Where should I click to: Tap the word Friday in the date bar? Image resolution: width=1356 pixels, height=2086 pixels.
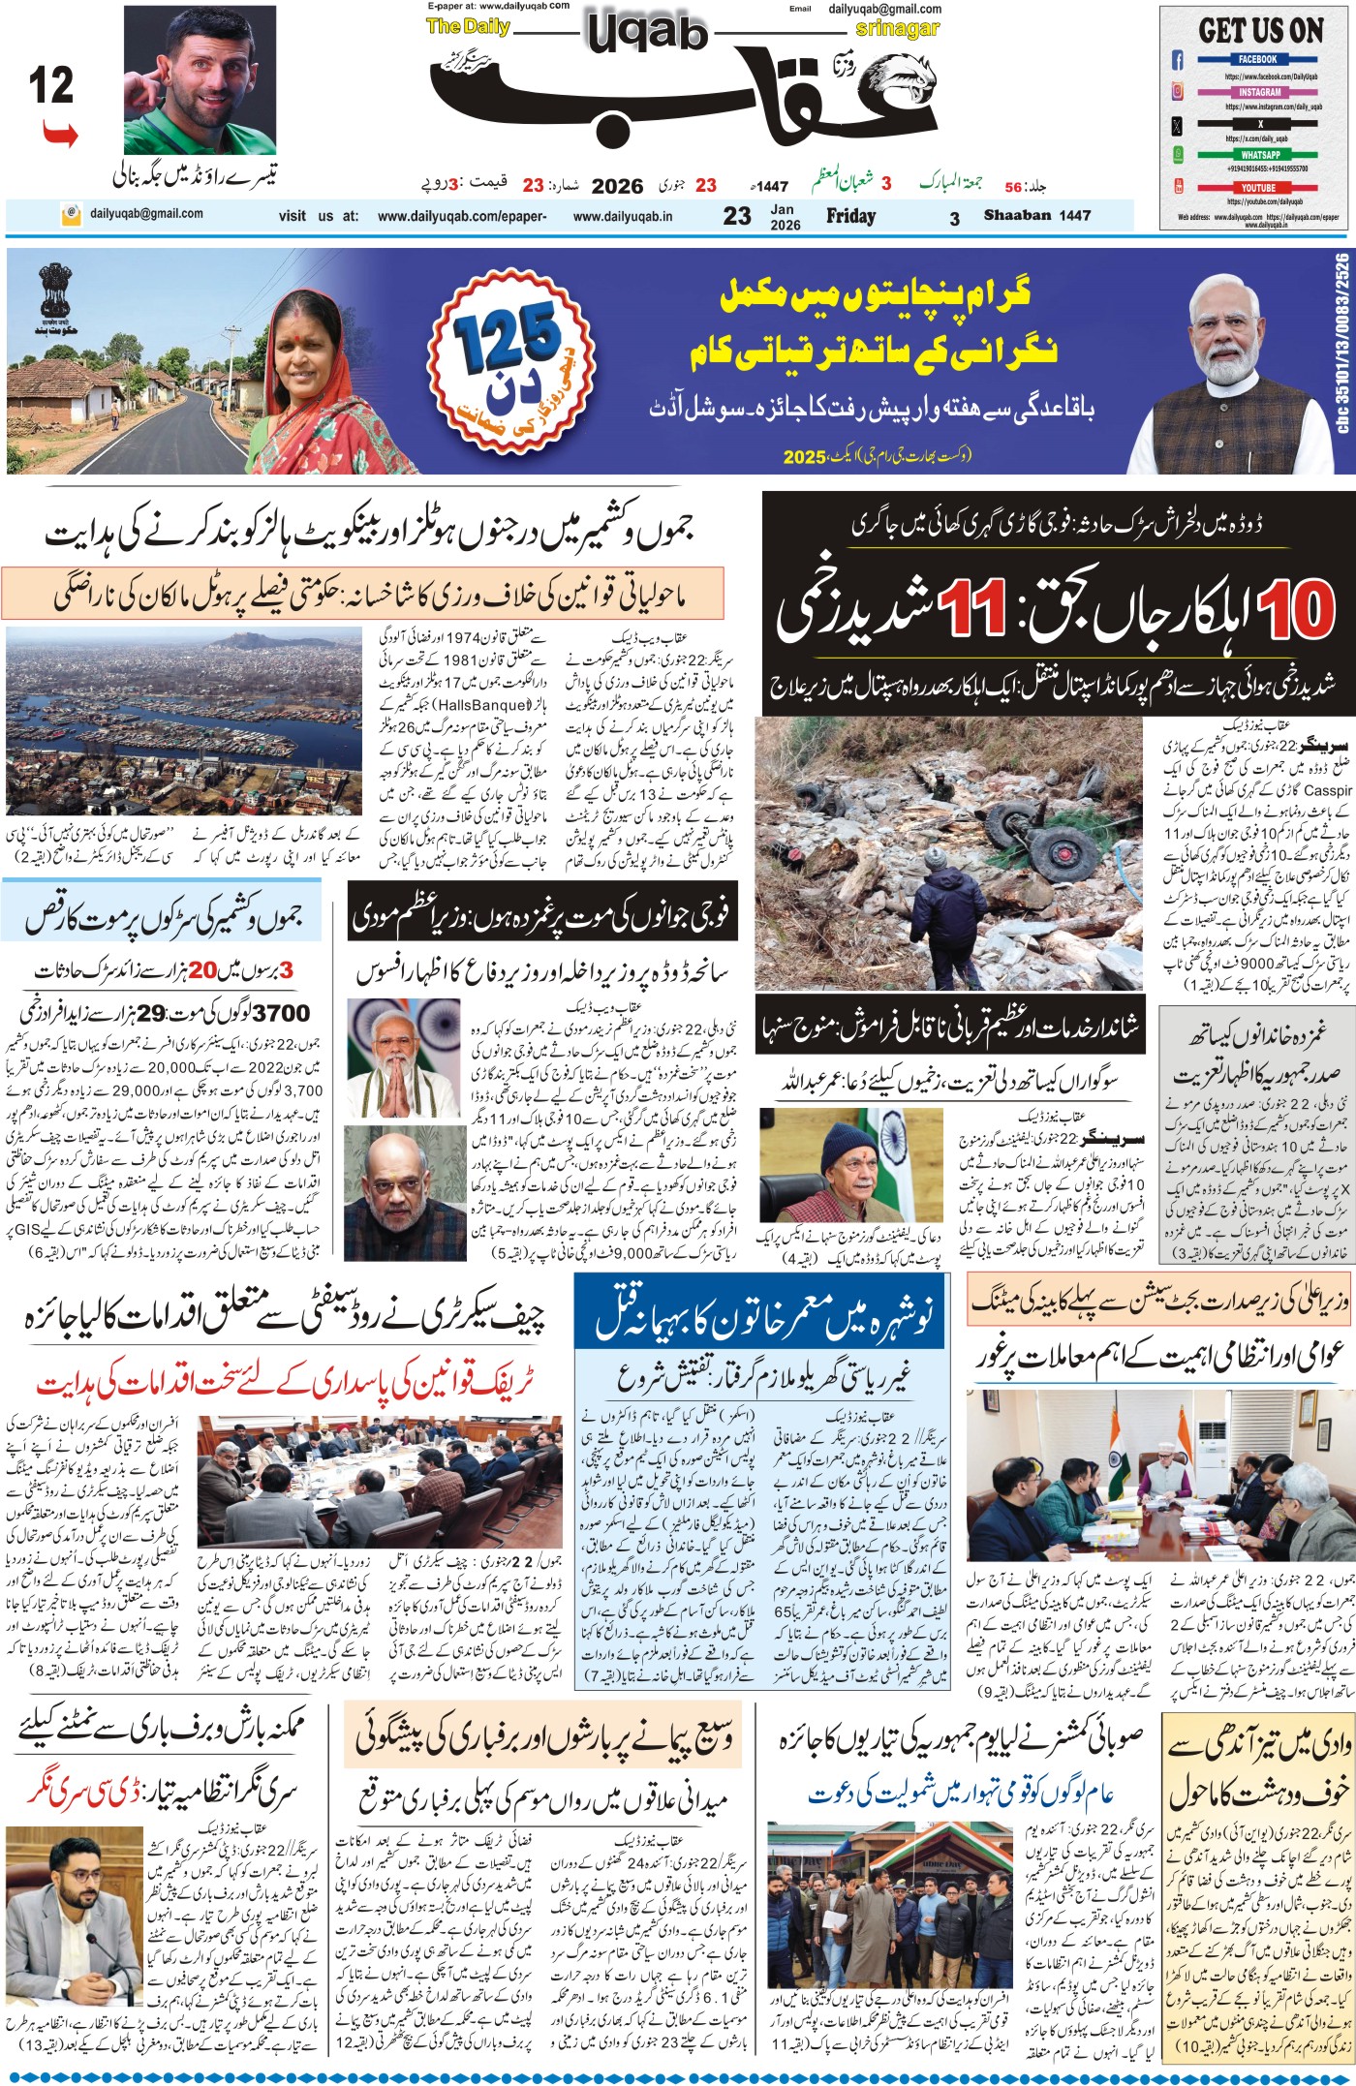(x=850, y=216)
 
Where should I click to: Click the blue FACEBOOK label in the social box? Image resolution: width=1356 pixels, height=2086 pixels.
(x=1258, y=60)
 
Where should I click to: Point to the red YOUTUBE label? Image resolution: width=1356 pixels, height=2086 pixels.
(x=1258, y=188)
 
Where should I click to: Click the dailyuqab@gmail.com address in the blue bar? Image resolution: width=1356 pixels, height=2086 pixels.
(x=146, y=214)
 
